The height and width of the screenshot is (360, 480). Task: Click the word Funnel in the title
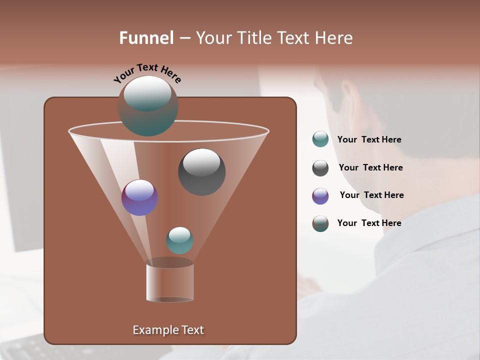146,38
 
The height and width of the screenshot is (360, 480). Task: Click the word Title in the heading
254,38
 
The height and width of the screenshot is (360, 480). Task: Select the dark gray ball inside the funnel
201,172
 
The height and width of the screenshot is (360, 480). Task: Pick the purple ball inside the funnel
139,198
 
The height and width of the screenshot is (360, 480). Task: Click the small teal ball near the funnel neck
179,240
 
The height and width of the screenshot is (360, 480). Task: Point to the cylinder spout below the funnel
170,283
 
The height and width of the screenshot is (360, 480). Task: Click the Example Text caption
168,330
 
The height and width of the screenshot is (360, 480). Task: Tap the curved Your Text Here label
147,73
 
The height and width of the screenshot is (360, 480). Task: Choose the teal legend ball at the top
320,139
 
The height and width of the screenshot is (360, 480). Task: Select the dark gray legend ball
320,167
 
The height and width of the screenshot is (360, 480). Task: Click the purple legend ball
320,195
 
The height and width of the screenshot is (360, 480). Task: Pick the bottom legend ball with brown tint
320,223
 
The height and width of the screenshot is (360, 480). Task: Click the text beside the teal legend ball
369,139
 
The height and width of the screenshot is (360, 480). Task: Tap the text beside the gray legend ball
370,167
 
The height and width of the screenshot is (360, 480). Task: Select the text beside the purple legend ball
371,195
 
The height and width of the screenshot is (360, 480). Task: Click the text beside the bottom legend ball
369,223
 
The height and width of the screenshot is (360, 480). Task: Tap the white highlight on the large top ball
147,92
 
